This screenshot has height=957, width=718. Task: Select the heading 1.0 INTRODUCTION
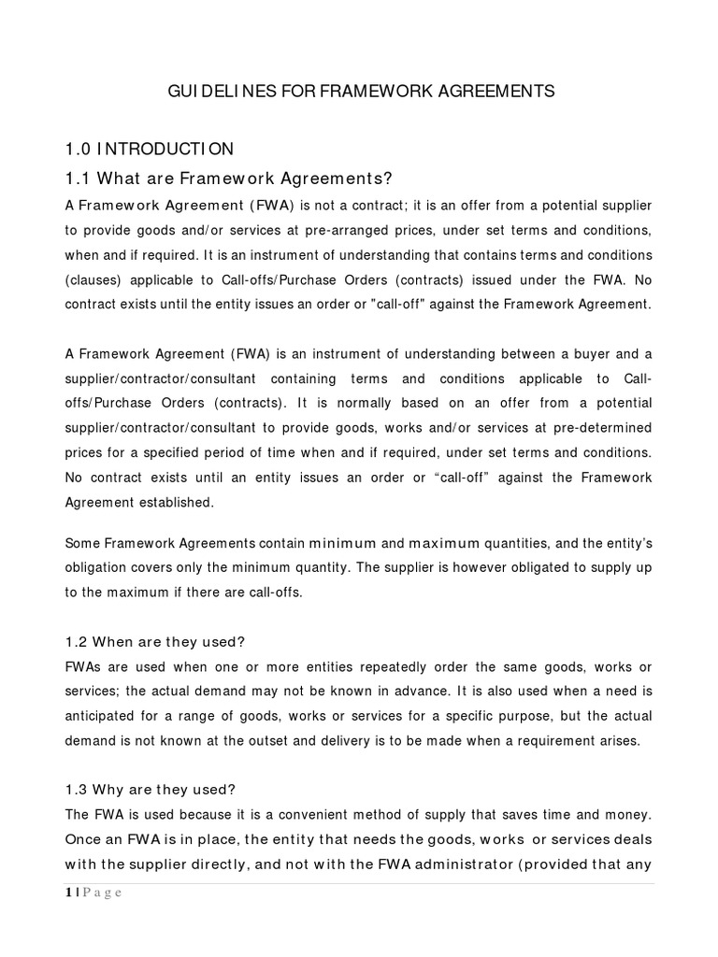click(149, 149)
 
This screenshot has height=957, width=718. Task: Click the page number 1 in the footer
click(68, 892)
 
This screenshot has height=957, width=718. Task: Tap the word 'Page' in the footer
click(103, 892)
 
